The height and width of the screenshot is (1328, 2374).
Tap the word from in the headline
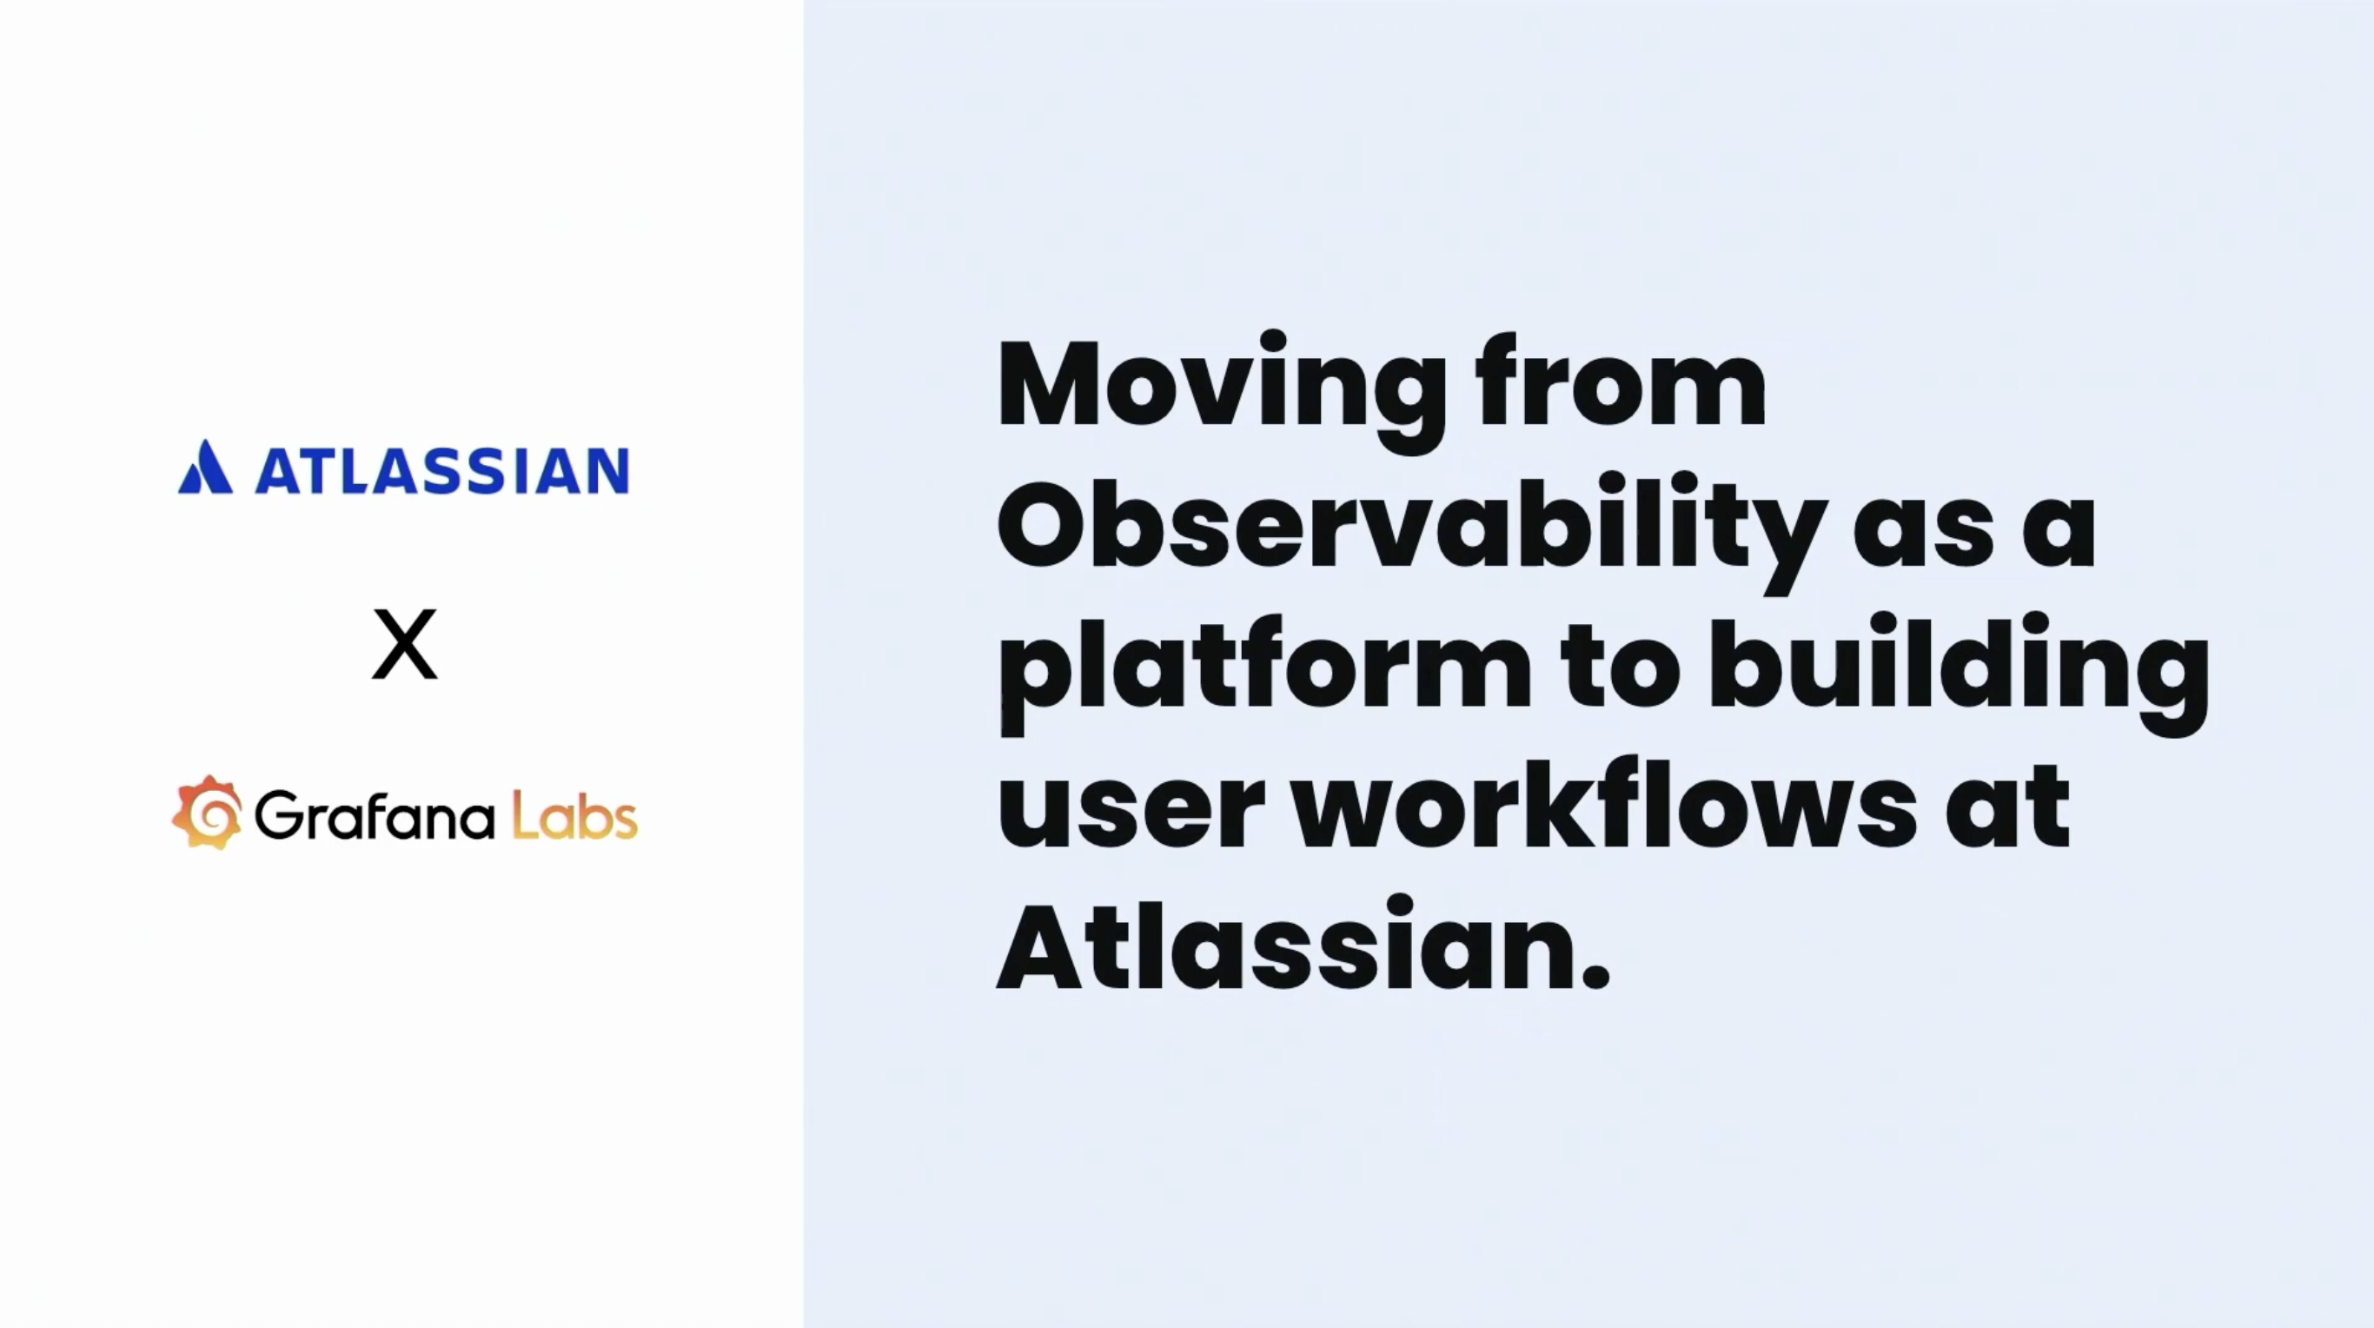pyautogui.click(x=1621, y=380)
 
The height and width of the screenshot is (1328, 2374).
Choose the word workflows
pyautogui.click(x=1604, y=800)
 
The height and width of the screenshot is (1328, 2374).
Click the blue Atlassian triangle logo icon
pyautogui.click(x=206, y=468)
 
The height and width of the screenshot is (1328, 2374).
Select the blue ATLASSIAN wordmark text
pyautogui.click(x=442, y=470)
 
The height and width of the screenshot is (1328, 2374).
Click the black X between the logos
pyautogui.click(x=405, y=643)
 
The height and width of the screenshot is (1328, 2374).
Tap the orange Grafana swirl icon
pyautogui.click(x=208, y=812)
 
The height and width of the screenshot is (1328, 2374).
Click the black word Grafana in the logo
pyautogui.click(x=376, y=815)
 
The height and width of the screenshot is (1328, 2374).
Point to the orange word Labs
pyautogui.click(x=574, y=814)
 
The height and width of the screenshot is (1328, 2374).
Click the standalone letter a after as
pyautogui.click(x=2059, y=535)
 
